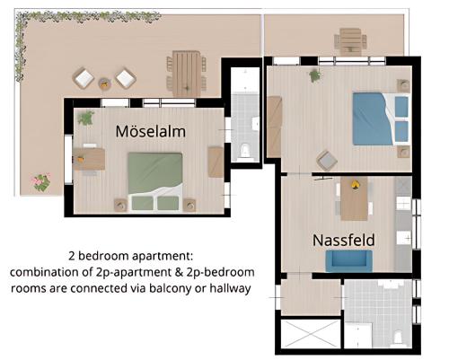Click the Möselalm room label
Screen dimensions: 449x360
(x=151, y=131)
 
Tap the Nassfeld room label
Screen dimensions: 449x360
(x=344, y=240)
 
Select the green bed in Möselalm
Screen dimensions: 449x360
(x=155, y=182)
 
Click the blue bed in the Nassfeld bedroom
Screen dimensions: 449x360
(x=381, y=119)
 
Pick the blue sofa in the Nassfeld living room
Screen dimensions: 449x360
(x=348, y=261)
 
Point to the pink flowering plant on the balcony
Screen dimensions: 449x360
(x=40, y=182)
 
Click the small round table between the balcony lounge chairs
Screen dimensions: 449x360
(x=104, y=83)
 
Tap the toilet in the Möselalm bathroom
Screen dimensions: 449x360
(x=245, y=151)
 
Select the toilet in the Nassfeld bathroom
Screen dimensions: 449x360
(x=398, y=338)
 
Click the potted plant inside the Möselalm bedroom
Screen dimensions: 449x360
(x=86, y=118)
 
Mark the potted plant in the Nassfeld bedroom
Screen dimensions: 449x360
(x=315, y=75)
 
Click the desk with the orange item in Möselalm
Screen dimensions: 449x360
(x=89, y=159)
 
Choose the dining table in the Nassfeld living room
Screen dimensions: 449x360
(x=354, y=198)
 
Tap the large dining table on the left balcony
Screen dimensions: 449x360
(x=186, y=74)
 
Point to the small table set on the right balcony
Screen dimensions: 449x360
(x=350, y=41)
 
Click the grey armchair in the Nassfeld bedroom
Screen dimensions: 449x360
(x=327, y=161)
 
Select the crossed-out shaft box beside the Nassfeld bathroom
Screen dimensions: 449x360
(x=311, y=334)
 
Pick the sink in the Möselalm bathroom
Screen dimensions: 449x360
(x=256, y=124)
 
